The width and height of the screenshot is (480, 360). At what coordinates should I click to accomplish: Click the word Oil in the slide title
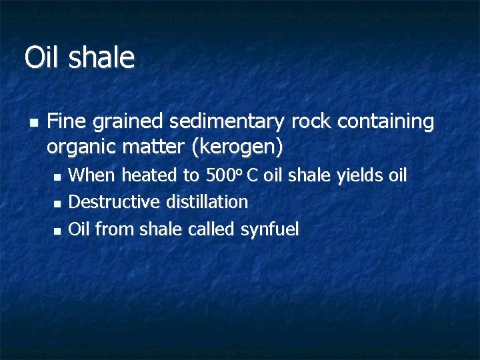click(x=42, y=57)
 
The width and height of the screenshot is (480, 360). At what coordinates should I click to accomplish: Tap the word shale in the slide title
click(x=101, y=57)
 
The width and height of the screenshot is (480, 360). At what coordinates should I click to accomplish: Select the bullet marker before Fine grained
click(x=33, y=123)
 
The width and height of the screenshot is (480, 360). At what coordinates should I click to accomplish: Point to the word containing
click(x=386, y=121)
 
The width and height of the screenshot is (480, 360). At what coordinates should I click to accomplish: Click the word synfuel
click(x=269, y=229)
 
